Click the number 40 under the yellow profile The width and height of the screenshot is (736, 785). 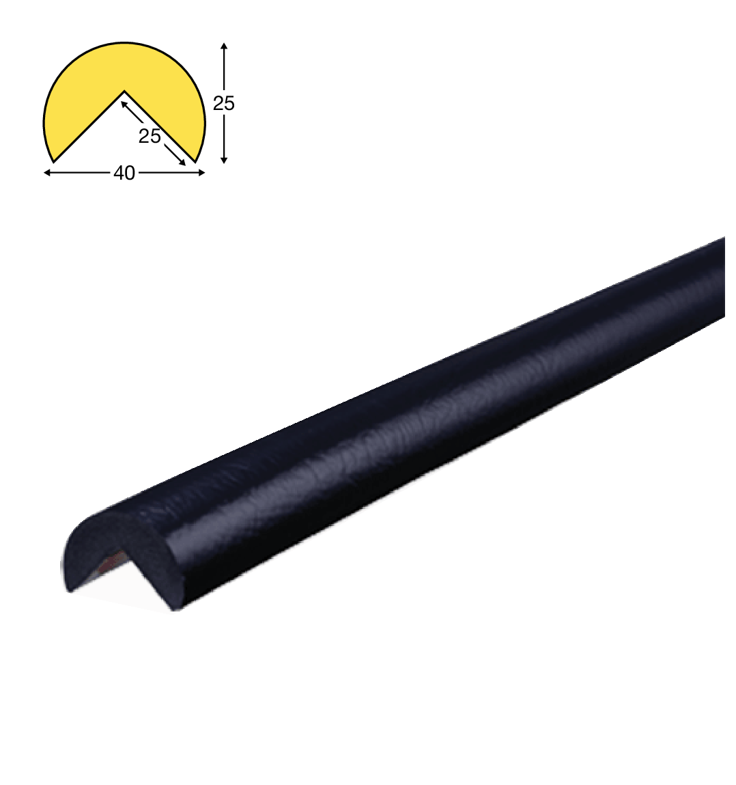[x=124, y=174]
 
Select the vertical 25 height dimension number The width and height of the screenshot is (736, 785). [x=224, y=104]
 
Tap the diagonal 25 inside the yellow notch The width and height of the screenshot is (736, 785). [x=150, y=136]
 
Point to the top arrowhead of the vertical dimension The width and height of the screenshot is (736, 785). [x=224, y=46]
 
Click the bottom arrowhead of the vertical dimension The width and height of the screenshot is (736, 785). [x=224, y=160]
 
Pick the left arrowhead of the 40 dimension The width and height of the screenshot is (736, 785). [x=47, y=173]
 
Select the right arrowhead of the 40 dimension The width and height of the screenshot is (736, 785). [x=201, y=173]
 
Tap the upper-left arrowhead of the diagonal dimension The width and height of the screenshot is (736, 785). [x=124, y=104]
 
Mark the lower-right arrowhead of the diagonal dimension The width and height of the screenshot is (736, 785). [x=182, y=162]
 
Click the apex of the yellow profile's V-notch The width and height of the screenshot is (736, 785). [x=124, y=91]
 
